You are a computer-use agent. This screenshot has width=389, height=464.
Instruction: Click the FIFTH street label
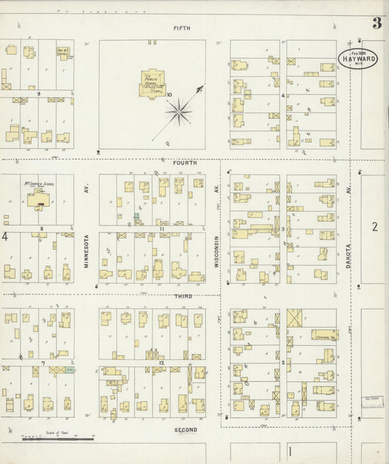pos(182,28)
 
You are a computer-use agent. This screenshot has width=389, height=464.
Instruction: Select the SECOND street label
pos(185,430)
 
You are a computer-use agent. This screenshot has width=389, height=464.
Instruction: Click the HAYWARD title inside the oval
pos(358,58)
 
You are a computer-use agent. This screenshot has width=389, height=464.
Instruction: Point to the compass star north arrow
pos(179,111)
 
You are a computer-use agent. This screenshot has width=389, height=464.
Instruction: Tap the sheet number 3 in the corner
pos(377,23)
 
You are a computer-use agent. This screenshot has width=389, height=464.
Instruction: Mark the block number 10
pos(169,95)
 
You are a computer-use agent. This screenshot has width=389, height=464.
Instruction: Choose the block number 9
pos(37,93)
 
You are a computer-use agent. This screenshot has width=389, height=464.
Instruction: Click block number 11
pos(160,228)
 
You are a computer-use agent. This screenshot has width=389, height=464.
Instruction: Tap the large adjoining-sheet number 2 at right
pos(374,227)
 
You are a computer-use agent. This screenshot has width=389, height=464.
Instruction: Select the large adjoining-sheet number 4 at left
pos(5,236)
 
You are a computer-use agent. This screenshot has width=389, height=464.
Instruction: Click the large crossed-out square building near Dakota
pos(296,318)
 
